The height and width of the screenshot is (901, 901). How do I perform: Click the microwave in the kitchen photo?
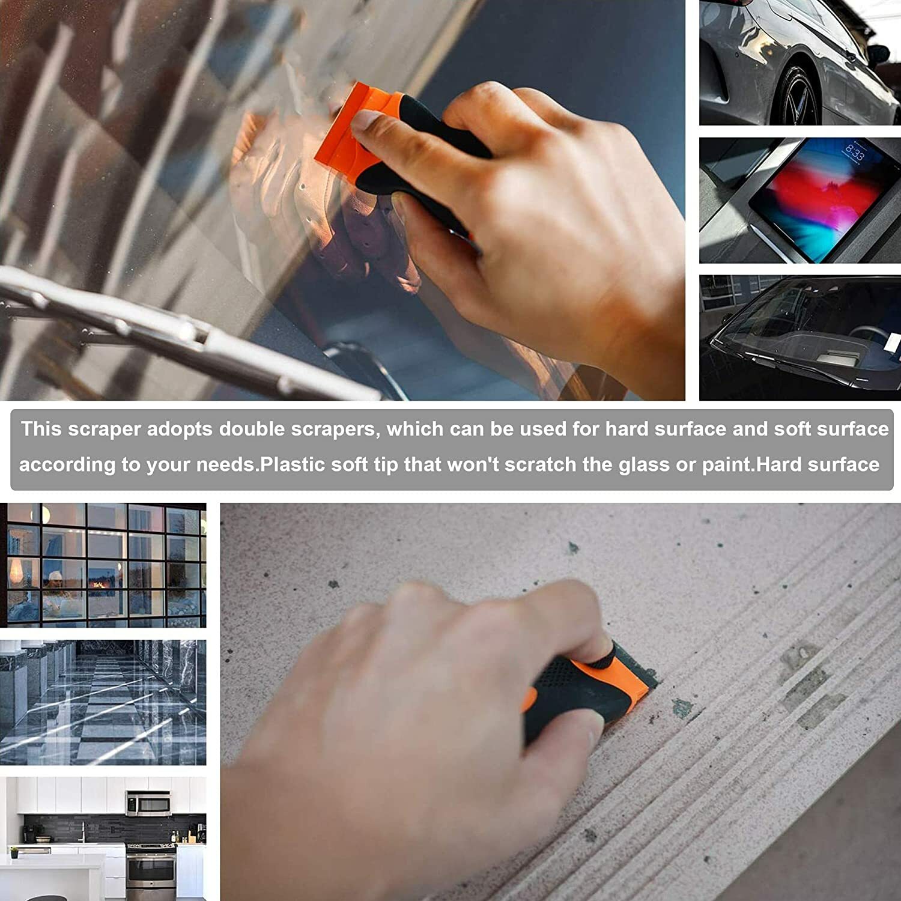[x=148, y=803]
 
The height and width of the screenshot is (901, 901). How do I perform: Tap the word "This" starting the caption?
[x=40, y=429]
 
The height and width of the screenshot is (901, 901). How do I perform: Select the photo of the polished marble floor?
[x=103, y=702]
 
